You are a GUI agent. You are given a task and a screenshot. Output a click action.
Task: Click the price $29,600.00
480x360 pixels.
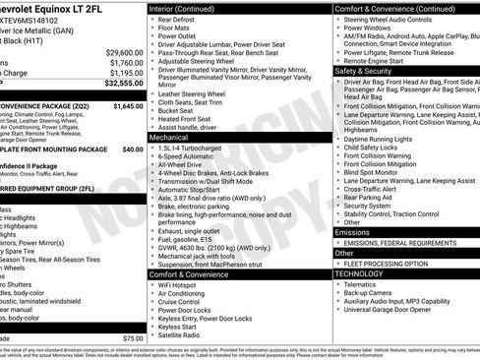click(x=120, y=51)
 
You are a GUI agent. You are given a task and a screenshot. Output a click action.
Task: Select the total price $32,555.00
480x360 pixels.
click(x=119, y=85)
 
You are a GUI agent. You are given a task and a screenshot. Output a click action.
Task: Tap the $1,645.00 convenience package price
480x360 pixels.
click(x=127, y=104)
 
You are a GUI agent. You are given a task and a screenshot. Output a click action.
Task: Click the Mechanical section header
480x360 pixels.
click(x=169, y=139)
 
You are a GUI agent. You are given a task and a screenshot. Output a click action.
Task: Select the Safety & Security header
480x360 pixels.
click(x=366, y=71)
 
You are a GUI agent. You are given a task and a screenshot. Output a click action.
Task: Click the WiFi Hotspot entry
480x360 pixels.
click(x=181, y=285)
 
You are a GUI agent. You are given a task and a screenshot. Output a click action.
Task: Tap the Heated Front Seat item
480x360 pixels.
click(x=186, y=119)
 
